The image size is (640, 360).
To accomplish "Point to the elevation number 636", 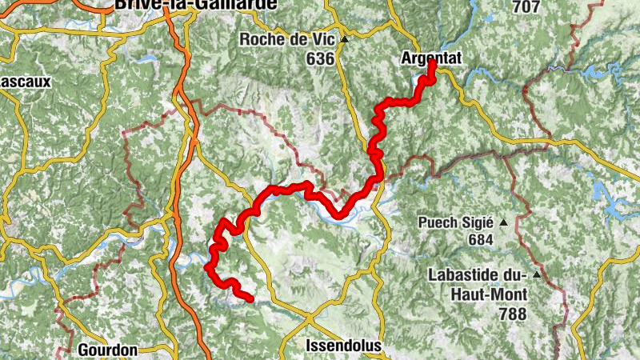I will [319, 58].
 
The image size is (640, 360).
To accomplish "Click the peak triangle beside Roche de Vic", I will [344, 39].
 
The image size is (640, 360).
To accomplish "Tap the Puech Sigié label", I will [456, 222].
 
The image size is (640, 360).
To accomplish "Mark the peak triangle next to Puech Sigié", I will [504, 222].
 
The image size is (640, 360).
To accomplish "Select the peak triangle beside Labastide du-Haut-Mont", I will [538, 276].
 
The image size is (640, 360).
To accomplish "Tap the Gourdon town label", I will [108, 350].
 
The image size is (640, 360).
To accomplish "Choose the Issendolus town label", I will [344, 346].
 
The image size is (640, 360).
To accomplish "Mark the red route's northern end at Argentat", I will [432, 64].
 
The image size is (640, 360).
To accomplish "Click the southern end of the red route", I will [250, 299].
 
